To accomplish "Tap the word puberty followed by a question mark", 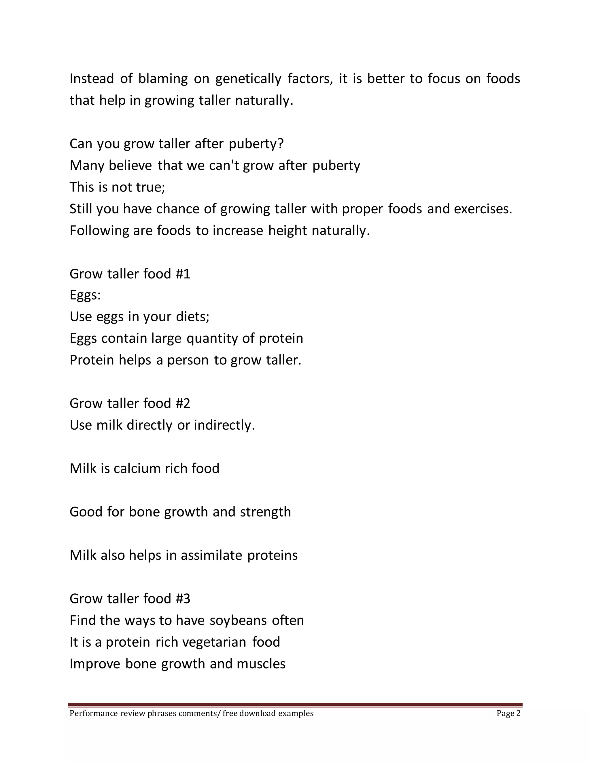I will pos(256,144).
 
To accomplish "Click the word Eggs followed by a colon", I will pos(85,296).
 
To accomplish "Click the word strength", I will pos(265,512).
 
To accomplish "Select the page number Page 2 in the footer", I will pos(508,713).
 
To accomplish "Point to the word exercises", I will pos(483,209).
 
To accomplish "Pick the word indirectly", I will pos(224,425).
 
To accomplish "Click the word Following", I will pos(99,231).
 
